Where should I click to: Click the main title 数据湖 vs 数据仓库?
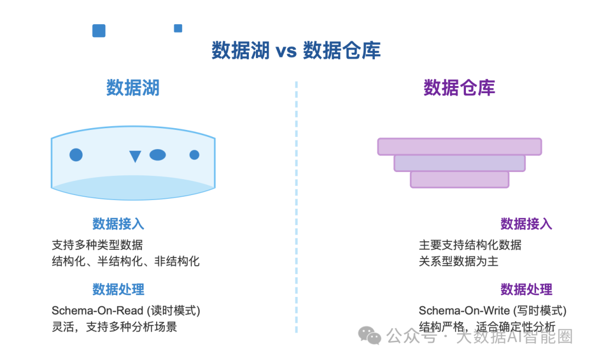296,51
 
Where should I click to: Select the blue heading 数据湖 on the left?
133,88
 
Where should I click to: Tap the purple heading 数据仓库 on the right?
459,88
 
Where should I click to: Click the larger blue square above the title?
99,31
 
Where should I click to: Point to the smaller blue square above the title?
178,28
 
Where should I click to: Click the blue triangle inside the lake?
135,157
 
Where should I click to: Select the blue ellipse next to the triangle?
157,155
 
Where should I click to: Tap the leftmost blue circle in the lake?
76,155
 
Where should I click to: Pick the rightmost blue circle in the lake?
194,155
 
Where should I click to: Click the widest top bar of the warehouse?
459,147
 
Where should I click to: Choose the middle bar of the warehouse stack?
459,163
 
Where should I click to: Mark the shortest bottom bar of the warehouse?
459,180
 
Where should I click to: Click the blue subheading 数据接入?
118,224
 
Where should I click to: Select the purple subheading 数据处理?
526,289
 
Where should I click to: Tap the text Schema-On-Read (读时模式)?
126,311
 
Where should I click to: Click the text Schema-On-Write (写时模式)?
492,311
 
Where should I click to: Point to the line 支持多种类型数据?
97,244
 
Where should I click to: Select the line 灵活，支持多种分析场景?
114,327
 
